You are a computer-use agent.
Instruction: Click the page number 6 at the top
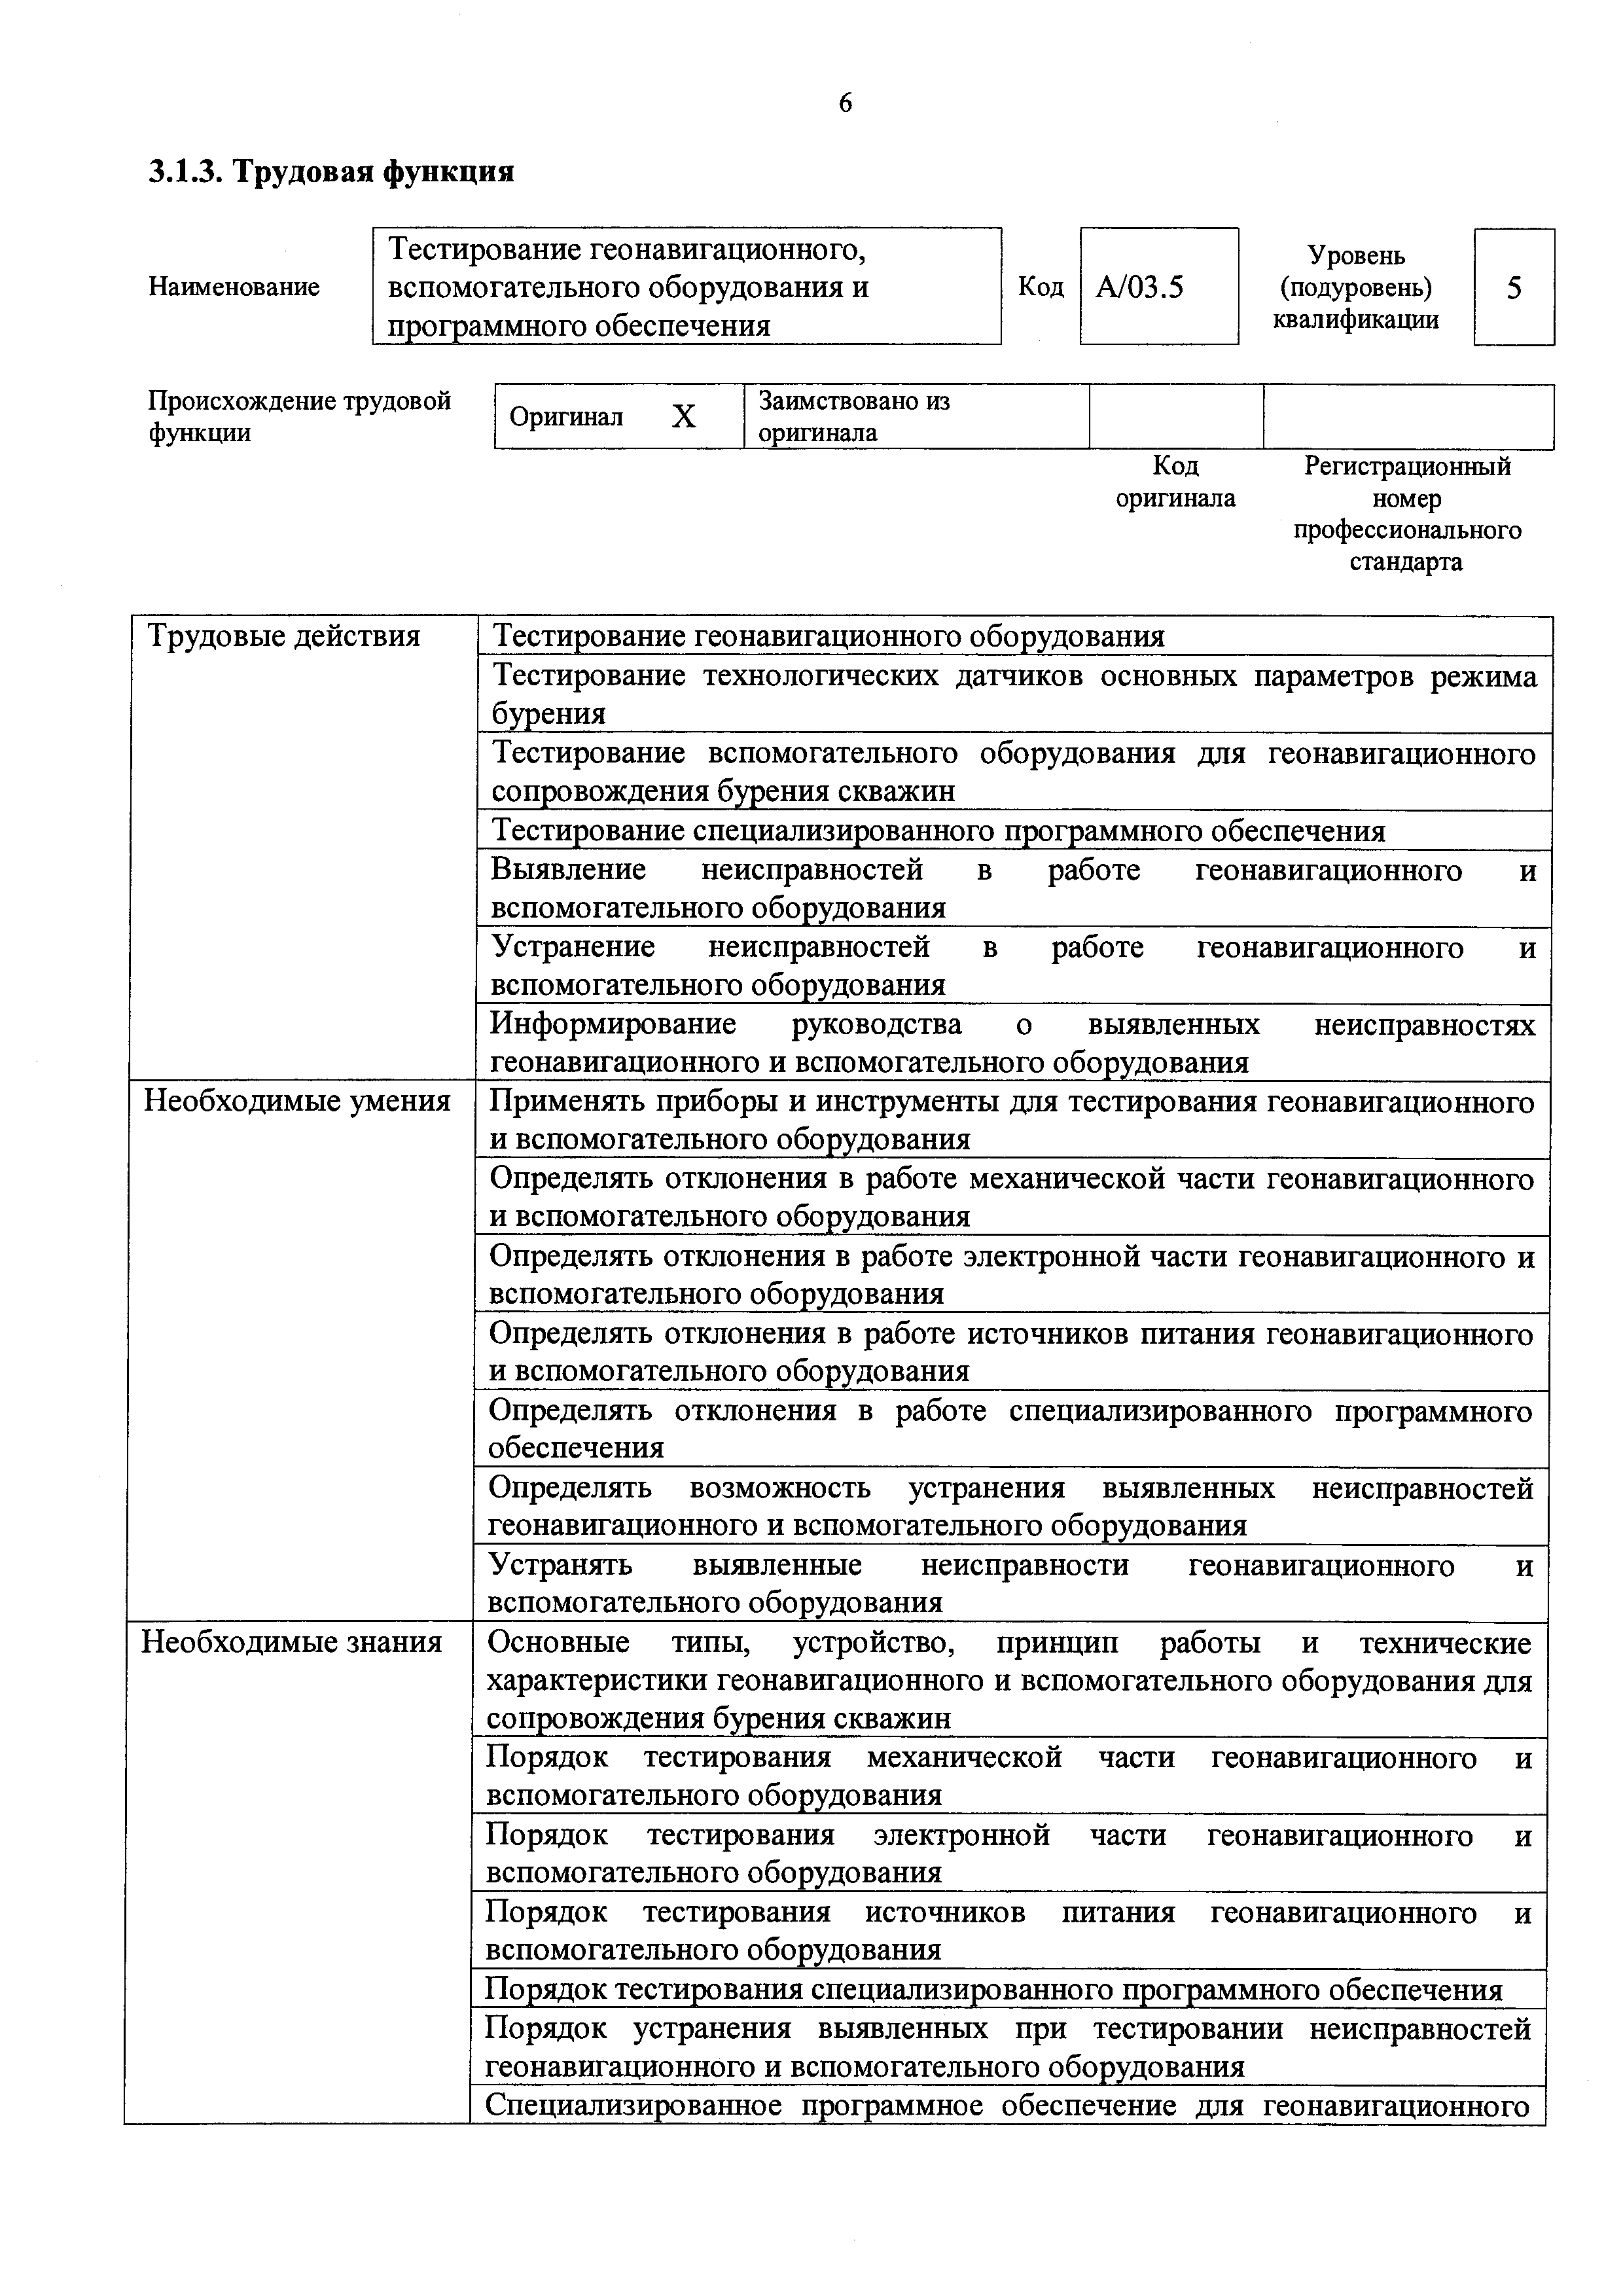click(845, 103)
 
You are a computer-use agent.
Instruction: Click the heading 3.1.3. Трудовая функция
click(332, 172)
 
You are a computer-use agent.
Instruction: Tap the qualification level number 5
click(1513, 288)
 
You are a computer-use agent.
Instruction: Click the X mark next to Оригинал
click(683, 417)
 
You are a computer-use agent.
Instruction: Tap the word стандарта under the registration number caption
click(1406, 562)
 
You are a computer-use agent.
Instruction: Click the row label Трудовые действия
click(284, 636)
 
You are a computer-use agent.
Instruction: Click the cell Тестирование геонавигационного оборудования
click(829, 637)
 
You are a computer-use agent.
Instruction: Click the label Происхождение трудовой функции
click(299, 417)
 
